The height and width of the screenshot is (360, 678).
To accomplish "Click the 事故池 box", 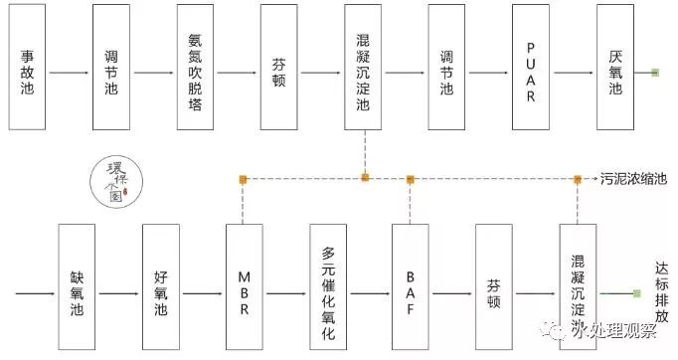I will tap(27, 67).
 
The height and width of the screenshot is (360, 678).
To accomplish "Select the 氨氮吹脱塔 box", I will tap(195, 67).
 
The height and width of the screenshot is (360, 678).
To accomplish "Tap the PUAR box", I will tap(531, 67).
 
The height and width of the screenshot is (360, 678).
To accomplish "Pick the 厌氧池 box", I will tap(614, 67).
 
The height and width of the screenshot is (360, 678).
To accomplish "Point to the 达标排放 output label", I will tap(661, 291).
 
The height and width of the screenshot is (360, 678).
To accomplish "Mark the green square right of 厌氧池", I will tap(654, 73).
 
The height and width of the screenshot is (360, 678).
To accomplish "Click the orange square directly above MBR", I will tap(244, 179).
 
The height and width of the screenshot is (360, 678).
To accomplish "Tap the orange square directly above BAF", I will tap(411, 179).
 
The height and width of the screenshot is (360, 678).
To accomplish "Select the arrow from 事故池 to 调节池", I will tap(69, 73).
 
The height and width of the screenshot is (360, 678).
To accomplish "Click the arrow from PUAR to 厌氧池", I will tap(573, 73).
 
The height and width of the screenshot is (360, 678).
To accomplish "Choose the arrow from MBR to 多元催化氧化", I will tap(286, 294).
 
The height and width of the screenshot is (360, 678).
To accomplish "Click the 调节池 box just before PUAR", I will tap(446, 67).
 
